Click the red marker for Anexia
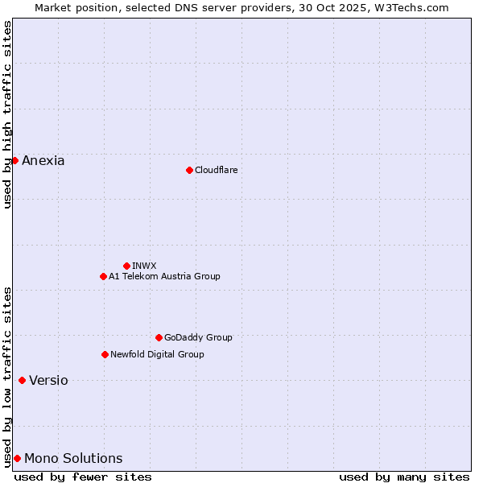14,160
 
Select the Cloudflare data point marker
189,170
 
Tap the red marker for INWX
126,266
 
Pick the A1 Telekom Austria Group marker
103,276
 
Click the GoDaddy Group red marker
159,337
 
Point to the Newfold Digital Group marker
105,354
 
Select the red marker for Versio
22,380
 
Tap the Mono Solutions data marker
17,458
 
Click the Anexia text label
43,161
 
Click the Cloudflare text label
217,170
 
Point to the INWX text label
144,266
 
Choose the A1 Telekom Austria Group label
164,276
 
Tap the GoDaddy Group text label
198,337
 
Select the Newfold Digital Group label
157,354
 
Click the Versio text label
48,381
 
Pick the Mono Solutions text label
73,459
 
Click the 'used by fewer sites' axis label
83,477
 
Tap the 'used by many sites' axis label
404,477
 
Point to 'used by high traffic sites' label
7,115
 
